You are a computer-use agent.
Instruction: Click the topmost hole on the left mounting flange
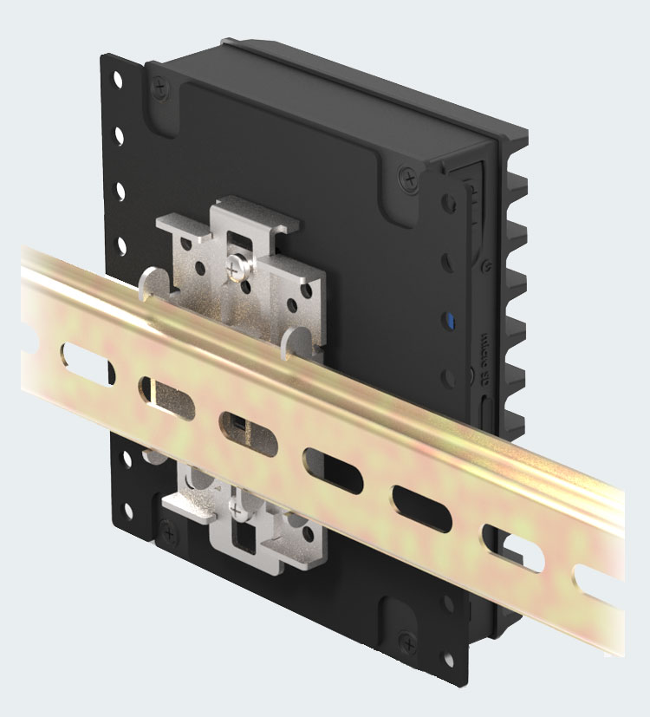119,80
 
